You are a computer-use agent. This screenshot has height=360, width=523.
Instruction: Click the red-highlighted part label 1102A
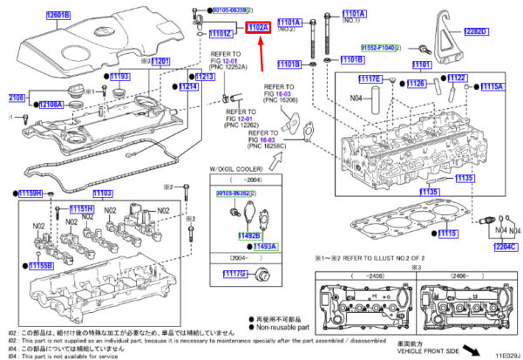pos(259,29)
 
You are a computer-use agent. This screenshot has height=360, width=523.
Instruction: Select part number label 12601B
pos(58,15)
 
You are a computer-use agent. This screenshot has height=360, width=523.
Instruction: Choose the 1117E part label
pos(370,79)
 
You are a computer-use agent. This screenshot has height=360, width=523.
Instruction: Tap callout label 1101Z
pos(221,34)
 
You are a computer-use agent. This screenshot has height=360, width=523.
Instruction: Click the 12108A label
pos(50,105)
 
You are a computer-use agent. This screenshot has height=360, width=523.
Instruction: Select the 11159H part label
pos(31,193)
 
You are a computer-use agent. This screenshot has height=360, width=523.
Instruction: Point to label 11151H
pos(82,209)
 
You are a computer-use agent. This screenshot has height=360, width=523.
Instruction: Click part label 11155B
pos(38,265)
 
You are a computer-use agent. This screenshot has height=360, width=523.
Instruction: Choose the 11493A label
pos(264,247)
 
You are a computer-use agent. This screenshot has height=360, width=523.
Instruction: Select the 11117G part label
pos(234,275)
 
